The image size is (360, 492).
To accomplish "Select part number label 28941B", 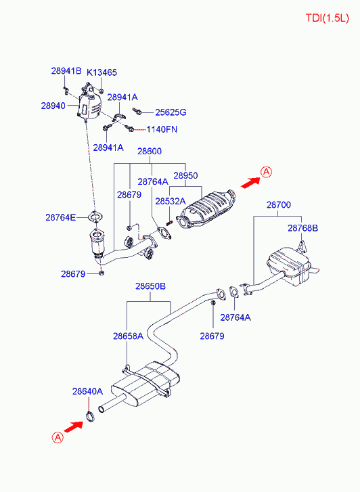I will (x=66, y=71).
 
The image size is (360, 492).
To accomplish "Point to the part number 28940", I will (x=53, y=106).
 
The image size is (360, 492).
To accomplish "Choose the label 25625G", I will (x=171, y=112).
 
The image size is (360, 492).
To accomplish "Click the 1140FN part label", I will (x=162, y=129).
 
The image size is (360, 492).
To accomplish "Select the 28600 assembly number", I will (x=150, y=152).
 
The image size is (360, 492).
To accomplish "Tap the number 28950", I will (x=185, y=175).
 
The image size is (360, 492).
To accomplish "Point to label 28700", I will (x=278, y=204).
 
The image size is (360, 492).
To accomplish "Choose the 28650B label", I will (x=150, y=286).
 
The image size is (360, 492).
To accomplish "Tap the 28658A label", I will (x=127, y=336).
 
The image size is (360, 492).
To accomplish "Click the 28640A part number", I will (x=87, y=391).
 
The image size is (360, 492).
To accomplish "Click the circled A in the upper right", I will (x=267, y=172).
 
